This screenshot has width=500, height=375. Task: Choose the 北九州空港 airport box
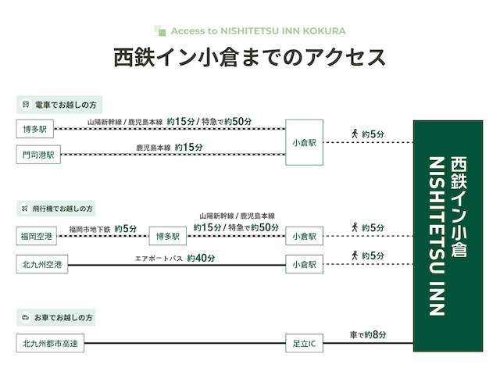42,265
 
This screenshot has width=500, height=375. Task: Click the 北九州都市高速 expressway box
50,342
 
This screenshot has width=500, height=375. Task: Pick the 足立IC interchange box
304,342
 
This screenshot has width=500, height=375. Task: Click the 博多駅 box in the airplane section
167,235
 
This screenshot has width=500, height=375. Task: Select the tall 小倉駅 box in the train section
304,142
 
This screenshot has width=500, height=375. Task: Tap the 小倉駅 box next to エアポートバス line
304,265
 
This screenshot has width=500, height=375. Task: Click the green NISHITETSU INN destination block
448,236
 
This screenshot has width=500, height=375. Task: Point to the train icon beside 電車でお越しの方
26,104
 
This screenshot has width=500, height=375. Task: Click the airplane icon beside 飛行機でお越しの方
26,209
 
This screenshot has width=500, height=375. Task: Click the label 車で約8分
366,334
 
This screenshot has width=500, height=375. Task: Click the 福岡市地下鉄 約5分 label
102,229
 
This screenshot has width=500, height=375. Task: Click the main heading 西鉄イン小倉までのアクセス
249,59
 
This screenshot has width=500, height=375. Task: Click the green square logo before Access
160,31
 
